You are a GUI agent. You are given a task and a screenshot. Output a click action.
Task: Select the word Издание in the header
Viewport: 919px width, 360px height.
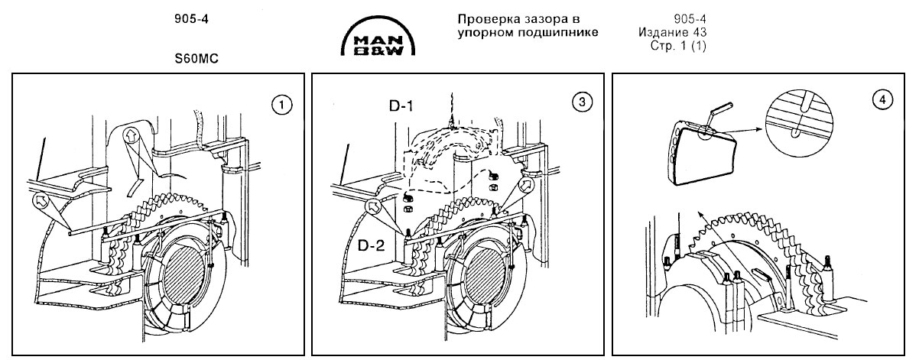tap(658, 32)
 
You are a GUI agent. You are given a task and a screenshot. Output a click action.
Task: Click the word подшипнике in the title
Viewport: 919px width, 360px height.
tap(561, 32)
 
